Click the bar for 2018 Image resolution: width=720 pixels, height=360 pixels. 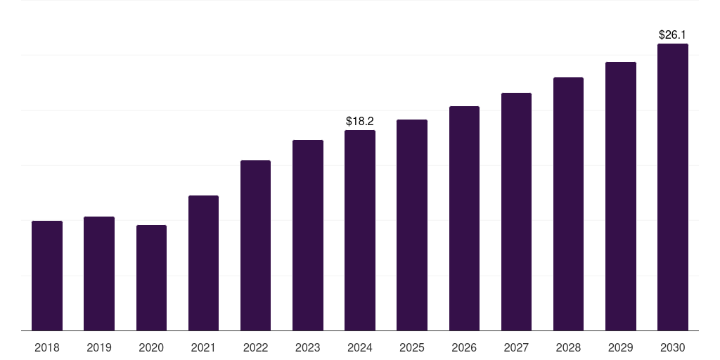point(47,276)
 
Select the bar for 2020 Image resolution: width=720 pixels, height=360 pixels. point(151,278)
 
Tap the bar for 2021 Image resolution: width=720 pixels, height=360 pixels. point(203,263)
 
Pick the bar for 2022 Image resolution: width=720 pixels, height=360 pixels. point(255,245)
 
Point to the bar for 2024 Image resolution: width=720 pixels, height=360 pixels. point(360,230)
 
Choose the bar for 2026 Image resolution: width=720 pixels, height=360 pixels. point(464,218)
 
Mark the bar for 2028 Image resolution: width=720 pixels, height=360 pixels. point(568,204)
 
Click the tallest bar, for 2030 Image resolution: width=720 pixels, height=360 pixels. point(672,187)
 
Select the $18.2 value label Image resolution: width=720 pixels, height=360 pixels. point(360,122)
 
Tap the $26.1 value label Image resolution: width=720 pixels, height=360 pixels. point(672,34)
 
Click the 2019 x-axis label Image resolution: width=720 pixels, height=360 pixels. point(99,347)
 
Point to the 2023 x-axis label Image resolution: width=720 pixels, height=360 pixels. point(307,347)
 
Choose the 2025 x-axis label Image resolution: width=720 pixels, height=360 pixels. point(412,347)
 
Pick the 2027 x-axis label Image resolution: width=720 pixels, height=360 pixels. point(516,347)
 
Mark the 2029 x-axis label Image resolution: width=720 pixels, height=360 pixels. point(620,347)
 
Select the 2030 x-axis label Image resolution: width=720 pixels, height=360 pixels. point(672,347)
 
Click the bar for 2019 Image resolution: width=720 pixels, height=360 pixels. point(99,274)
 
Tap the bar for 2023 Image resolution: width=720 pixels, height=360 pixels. point(307,235)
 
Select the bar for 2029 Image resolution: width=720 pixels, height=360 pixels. point(620,196)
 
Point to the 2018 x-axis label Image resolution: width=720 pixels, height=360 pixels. point(47,347)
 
